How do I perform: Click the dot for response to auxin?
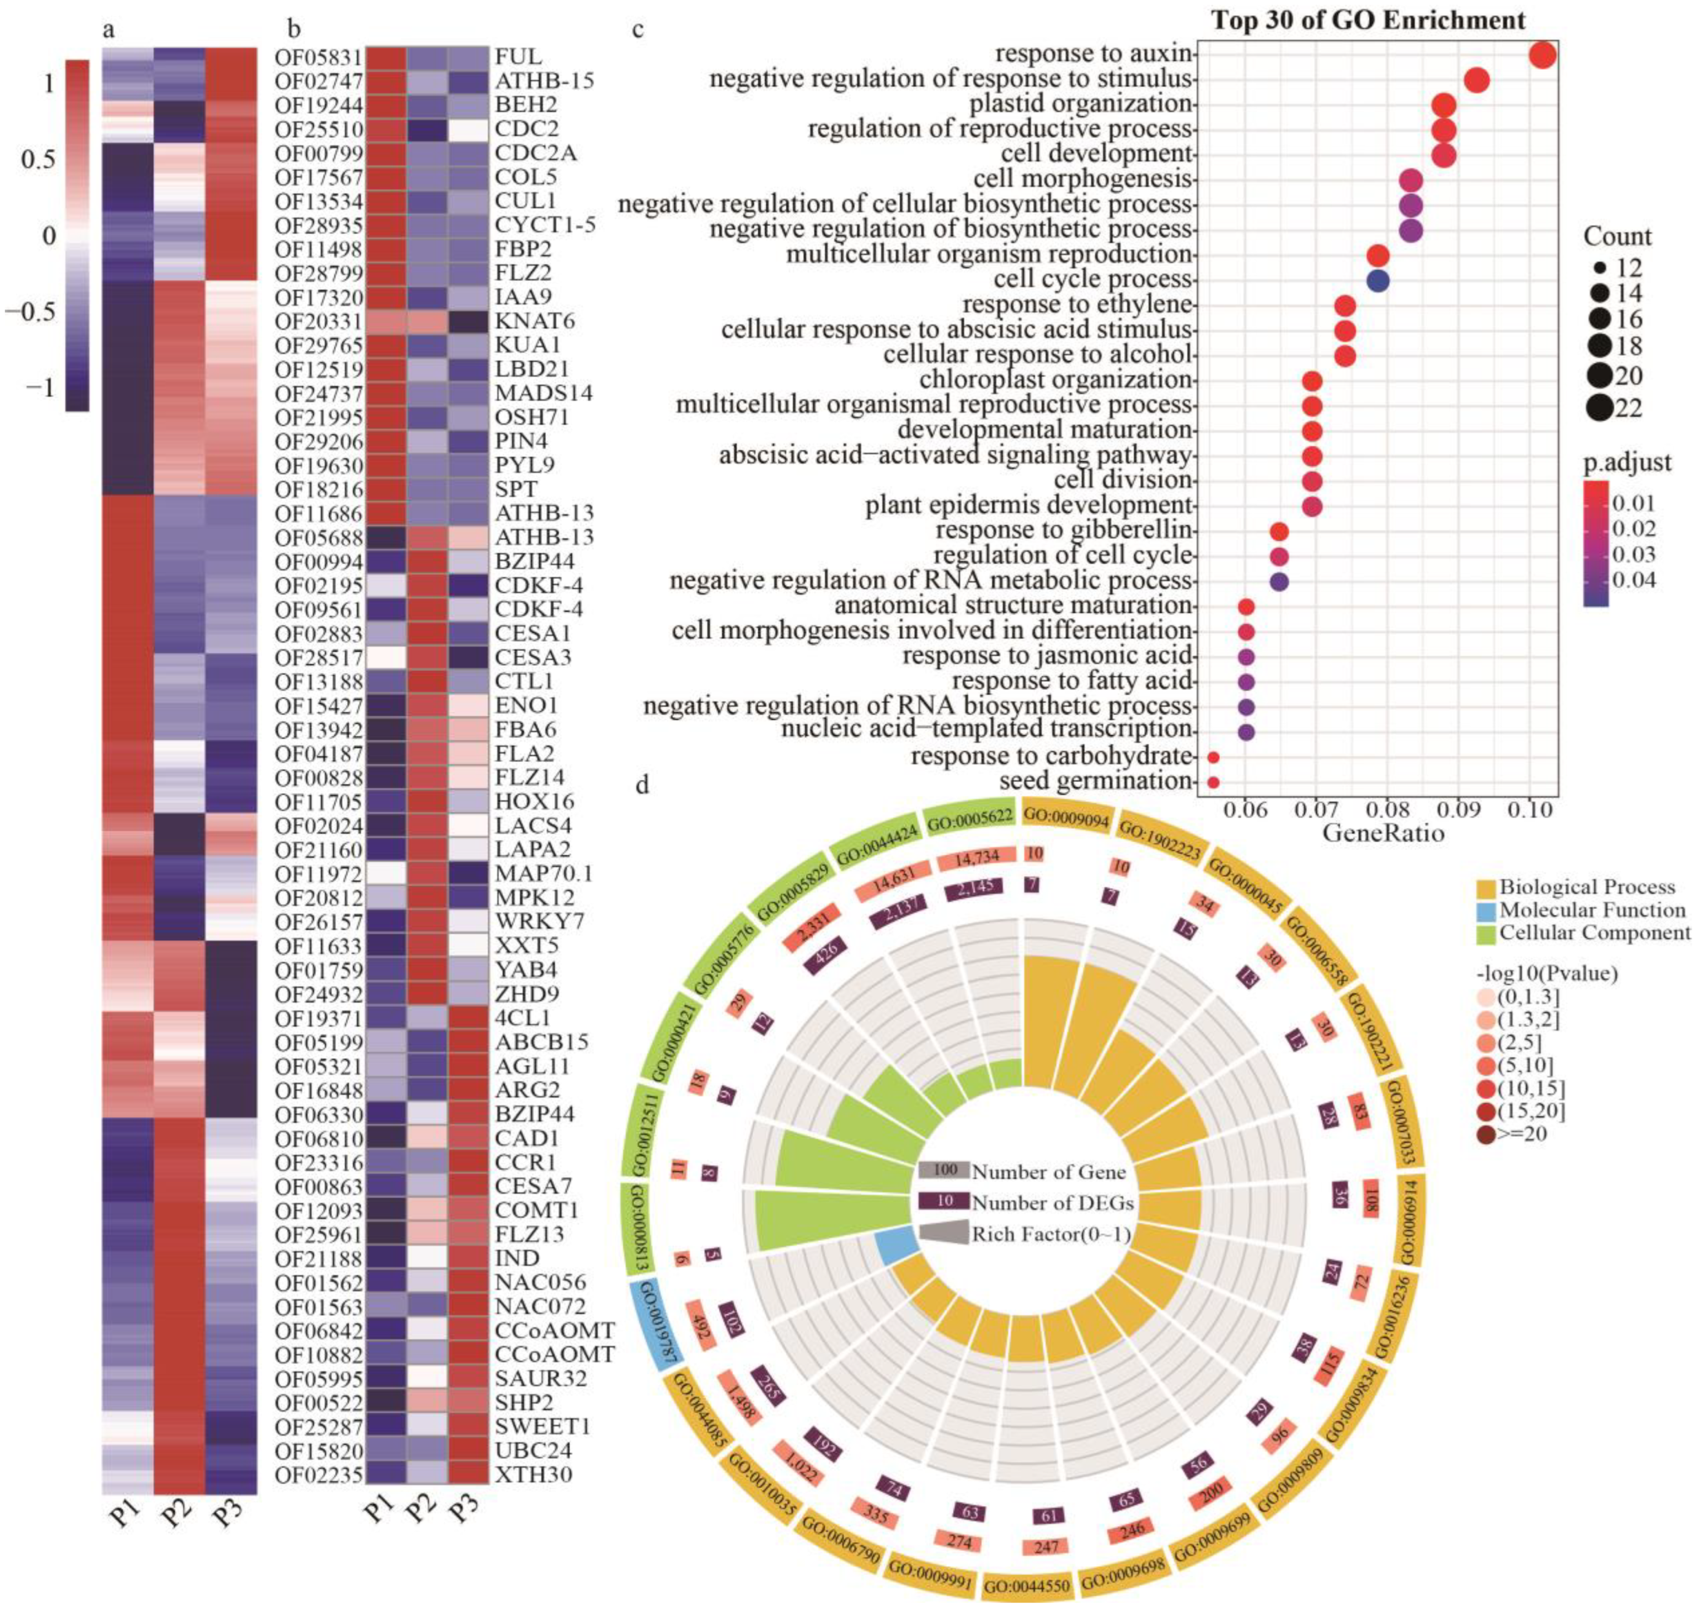pyautogui.click(x=1542, y=55)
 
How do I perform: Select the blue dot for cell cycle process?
pyautogui.click(x=1378, y=281)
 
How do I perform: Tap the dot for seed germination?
pyautogui.click(x=1213, y=781)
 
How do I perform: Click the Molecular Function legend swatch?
pyautogui.click(x=1486, y=909)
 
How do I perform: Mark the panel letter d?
pyautogui.click(x=641, y=786)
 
